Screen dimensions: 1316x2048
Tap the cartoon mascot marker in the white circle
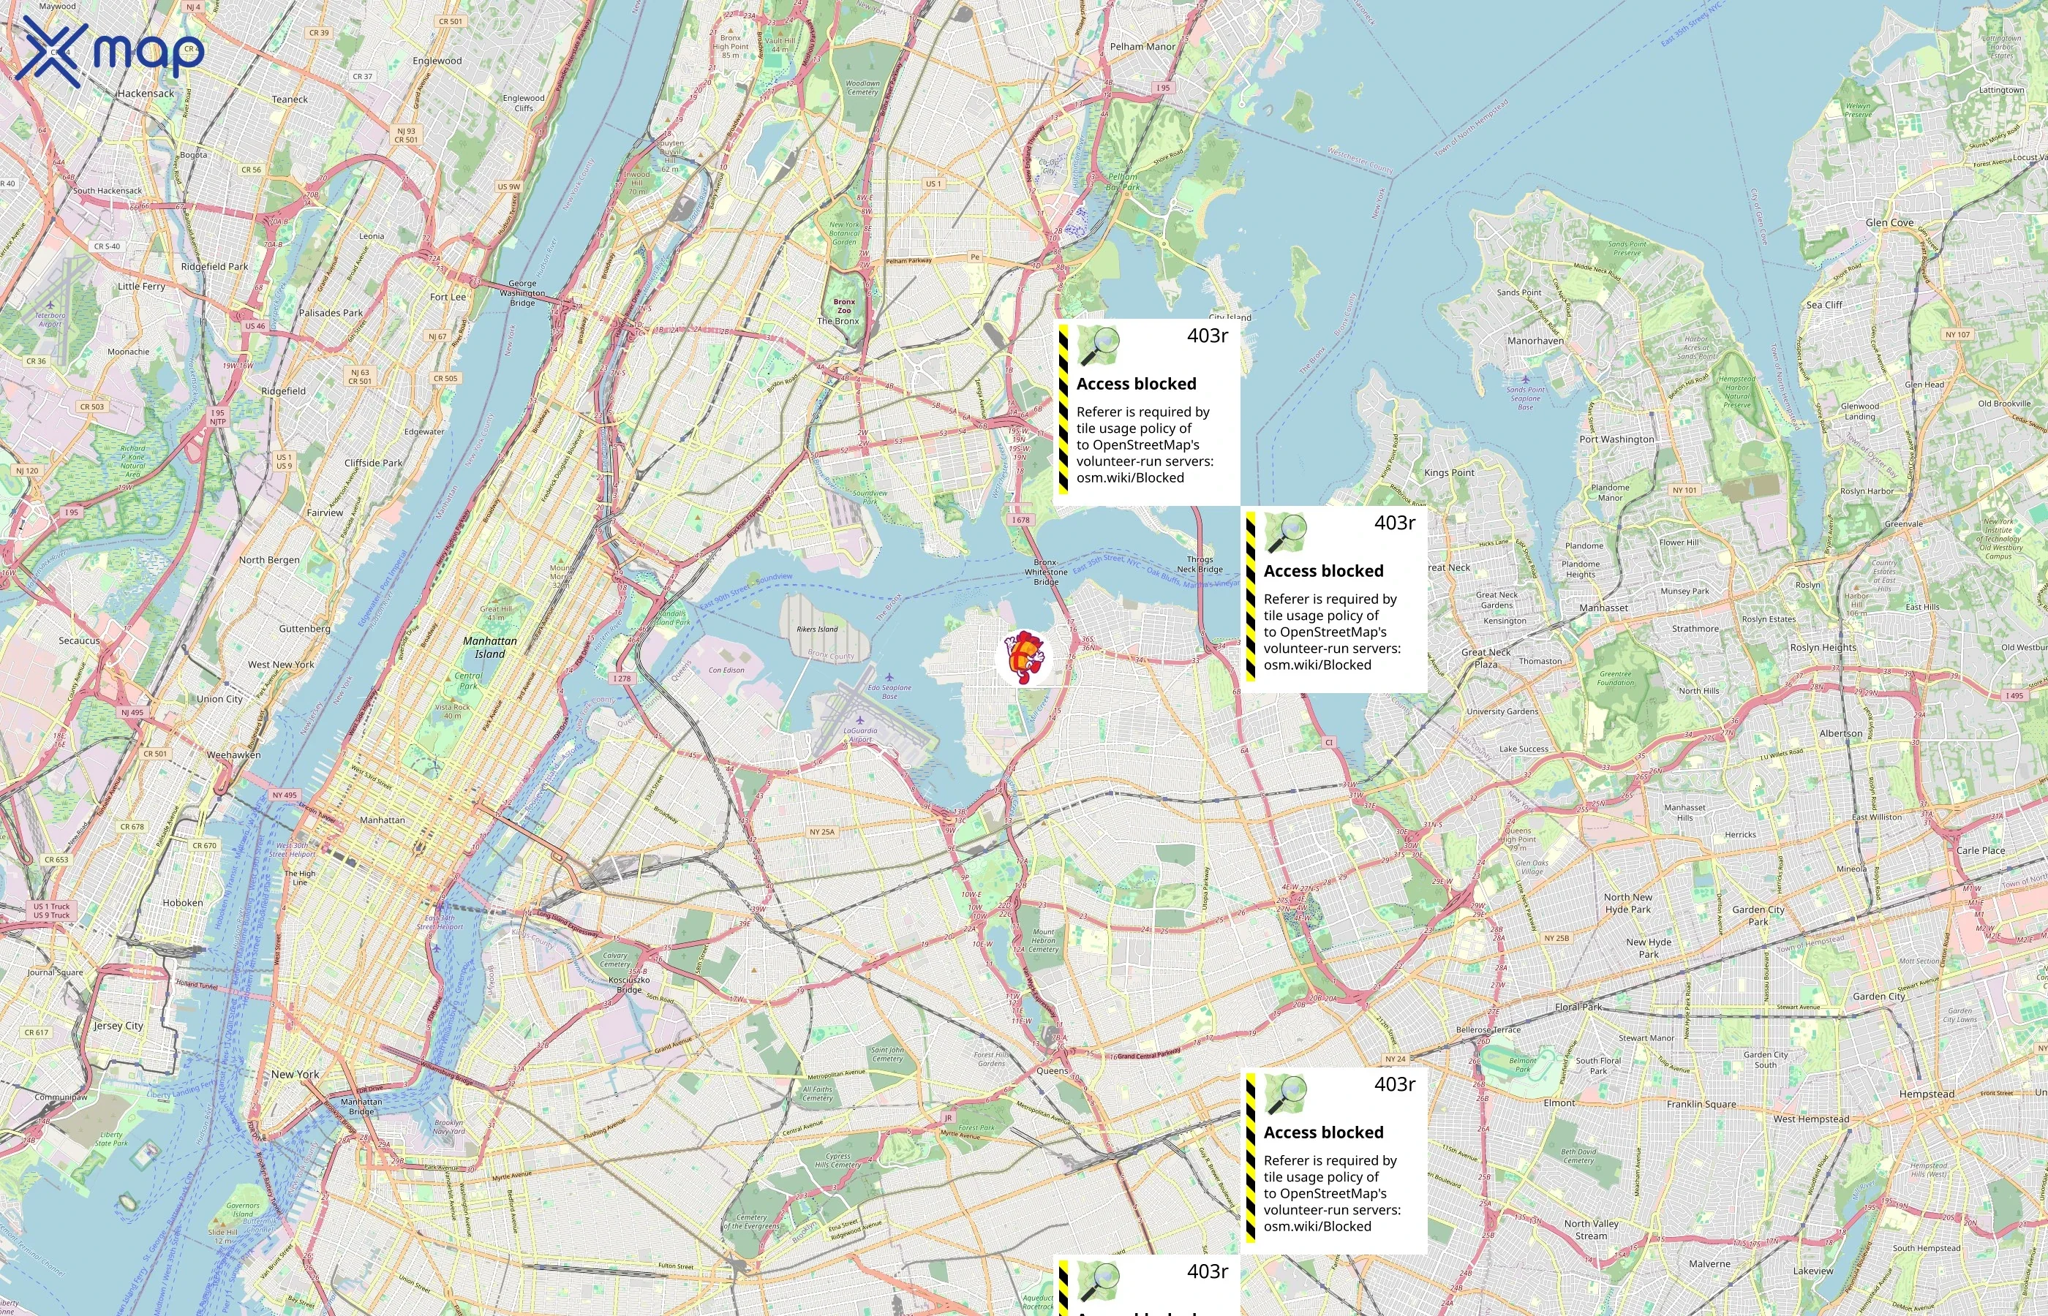(x=1024, y=657)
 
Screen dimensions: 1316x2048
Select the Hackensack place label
(x=146, y=93)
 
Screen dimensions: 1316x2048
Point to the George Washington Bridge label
(x=522, y=293)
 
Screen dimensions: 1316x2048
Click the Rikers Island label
(x=817, y=629)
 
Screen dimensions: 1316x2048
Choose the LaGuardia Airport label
(x=860, y=734)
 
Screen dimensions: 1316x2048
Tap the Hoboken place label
(x=183, y=902)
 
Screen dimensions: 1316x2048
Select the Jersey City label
(x=118, y=1026)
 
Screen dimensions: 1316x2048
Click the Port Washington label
(x=1616, y=439)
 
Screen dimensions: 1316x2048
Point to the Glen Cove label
(x=1889, y=223)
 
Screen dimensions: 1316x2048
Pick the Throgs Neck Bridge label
(x=1200, y=564)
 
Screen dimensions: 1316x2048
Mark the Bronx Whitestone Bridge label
(x=1045, y=572)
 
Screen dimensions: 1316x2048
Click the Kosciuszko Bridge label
(x=629, y=984)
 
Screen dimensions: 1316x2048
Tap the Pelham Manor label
(x=1142, y=47)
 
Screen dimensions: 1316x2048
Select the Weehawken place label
(x=233, y=755)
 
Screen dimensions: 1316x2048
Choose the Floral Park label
(x=1578, y=1007)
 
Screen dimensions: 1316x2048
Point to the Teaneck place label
(x=290, y=99)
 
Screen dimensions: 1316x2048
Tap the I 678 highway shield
(x=1020, y=520)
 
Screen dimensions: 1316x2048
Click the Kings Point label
(x=1449, y=472)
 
